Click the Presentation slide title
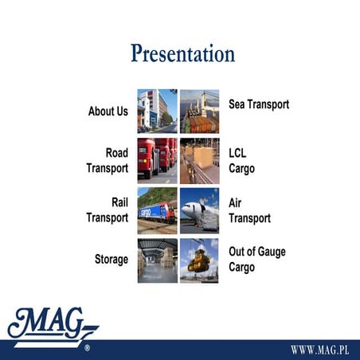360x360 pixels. click(x=182, y=53)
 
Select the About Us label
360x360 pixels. click(x=108, y=112)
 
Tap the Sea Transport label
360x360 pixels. click(x=258, y=104)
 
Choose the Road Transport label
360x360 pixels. click(x=108, y=160)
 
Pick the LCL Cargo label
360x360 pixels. click(x=242, y=160)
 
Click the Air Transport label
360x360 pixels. click(x=249, y=210)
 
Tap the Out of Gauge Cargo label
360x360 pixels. click(x=256, y=260)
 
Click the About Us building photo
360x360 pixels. click(x=157, y=111)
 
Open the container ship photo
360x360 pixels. click(x=199, y=111)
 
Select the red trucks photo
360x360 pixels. click(x=157, y=160)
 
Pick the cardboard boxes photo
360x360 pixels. click(x=199, y=160)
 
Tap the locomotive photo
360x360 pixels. click(x=157, y=210)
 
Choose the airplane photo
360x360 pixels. click(x=199, y=210)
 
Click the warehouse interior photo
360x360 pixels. click(x=157, y=260)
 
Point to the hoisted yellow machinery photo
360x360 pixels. click(x=199, y=260)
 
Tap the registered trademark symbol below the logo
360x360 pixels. click(x=87, y=349)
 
